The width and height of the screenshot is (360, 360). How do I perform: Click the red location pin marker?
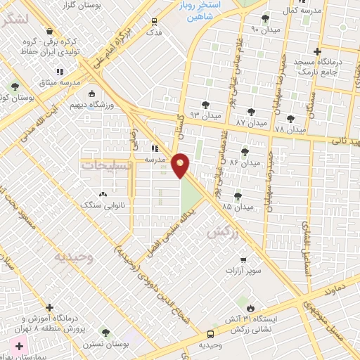click(x=181, y=165)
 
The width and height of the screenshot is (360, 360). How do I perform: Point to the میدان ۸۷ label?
click(x=252, y=123)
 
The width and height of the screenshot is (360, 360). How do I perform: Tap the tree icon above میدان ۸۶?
click(x=245, y=151)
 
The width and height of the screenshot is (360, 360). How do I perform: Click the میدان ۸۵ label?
click(x=236, y=207)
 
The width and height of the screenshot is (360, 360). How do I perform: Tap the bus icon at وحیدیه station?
click(x=211, y=334)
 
